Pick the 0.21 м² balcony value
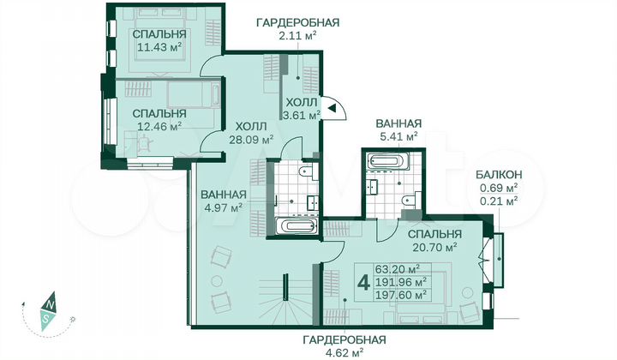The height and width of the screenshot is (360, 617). pyautogui.click(x=498, y=201)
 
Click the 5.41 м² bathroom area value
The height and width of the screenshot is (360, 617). pyautogui.click(x=397, y=135)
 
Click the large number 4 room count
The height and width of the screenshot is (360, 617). pyautogui.click(x=363, y=279)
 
